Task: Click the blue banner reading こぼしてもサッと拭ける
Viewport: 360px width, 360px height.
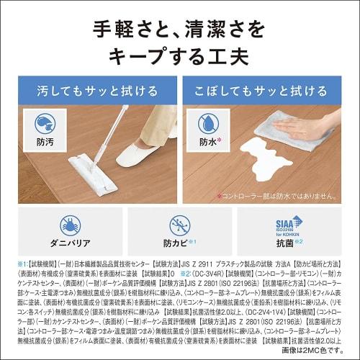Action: point(268,91)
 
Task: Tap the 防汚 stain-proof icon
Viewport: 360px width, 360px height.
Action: point(45,125)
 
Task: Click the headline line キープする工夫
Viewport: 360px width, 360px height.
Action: point(179,57)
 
